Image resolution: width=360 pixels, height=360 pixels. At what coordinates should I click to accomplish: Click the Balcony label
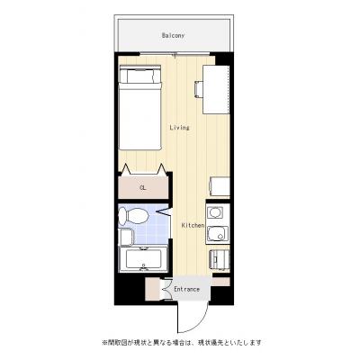[174, 36]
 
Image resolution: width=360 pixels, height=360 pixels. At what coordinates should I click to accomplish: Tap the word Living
[179, 129]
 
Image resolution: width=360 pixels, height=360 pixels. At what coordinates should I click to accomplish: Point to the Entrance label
[186, 289]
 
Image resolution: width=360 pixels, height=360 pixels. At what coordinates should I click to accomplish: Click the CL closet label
[143, 188]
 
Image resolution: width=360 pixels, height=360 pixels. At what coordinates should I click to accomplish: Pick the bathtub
[144, 263]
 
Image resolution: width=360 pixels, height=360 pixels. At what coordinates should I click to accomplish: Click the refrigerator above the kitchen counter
[219, 185]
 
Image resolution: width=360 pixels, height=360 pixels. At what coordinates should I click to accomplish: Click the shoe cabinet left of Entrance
[151, 289]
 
